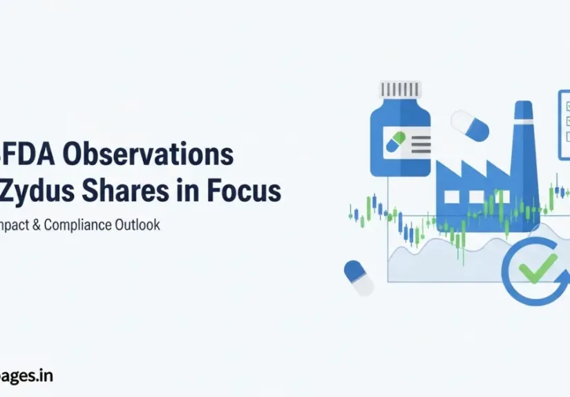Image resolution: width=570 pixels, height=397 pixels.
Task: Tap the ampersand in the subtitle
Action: [x=35, y=226]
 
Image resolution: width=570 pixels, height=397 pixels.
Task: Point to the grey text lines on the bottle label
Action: [x=420, y=143]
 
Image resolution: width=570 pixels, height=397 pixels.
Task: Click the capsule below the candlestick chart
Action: [x=358, y=276]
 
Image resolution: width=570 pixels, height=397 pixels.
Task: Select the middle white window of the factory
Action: [x=476, y=197]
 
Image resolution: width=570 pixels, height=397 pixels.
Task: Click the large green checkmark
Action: [x=538, y=269]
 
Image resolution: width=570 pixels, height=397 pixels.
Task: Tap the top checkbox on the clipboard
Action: [x=567, y=106]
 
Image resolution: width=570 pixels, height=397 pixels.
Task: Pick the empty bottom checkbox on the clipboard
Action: [x=567, y=134]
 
